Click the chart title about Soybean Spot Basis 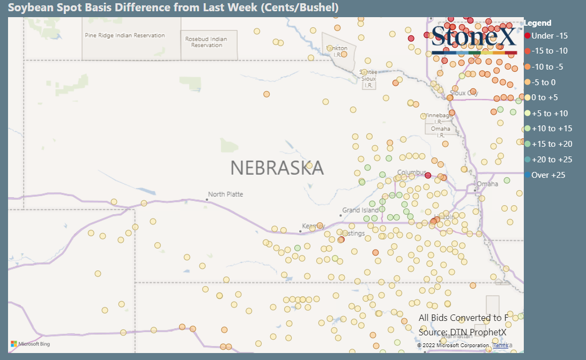pyautogui.click(x=173, y=7)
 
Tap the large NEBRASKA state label pyautogui.click(x=277, y=168)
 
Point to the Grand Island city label pyautogui.click(x=360, y=211)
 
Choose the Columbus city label pyautogui.click(x=411, y=172)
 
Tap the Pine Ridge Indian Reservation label pyautogui.click(x=125, y=35)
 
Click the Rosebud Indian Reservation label pyautogui.click(x=206, y=42)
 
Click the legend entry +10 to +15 pyautogui.click(x=552, y=129)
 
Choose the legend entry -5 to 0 pyautogui.click(x=543, y=82)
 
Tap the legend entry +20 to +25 pyautogui.click(x=552, y=160)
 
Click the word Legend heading pyautogui.click(x=537, y=23)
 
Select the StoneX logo pyautogui.click(x=474, y=37)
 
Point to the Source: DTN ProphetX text pyautogui.click(x=462, y=333)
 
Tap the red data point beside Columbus pyautogui.click(x=428, y=175)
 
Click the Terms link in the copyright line pyautogui.click(x=500, y=346)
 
